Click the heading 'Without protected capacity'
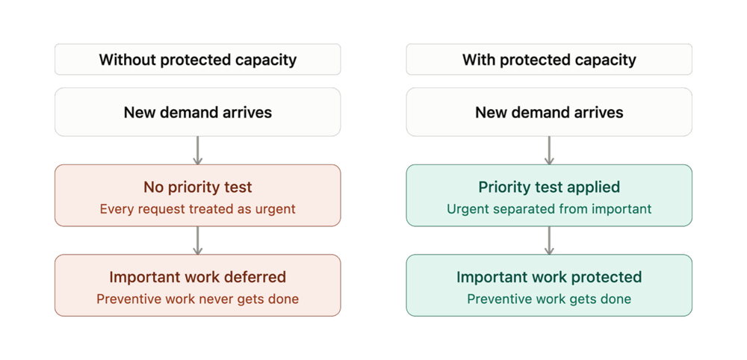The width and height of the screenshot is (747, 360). pos(198,60)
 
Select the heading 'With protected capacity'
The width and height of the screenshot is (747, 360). pos(549,60)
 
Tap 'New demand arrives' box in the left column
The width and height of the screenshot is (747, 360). pos(198,112)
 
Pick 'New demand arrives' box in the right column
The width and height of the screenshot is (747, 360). pos(549,112)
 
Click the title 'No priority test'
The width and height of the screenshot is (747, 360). pos(198,187)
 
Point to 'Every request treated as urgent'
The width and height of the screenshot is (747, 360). pos(198,208)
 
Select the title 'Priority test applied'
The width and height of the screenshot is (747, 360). pos(549,187)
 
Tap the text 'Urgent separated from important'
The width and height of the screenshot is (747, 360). pos(549,208)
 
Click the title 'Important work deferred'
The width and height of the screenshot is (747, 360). pos(198,276)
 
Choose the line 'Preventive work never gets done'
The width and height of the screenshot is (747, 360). pos(198,299)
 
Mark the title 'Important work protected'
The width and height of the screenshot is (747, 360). pos(549,276)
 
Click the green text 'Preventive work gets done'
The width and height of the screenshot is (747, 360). pos(549,299)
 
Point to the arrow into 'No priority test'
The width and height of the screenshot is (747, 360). pos(198,150)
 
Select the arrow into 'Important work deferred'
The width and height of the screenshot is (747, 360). pos(198,240)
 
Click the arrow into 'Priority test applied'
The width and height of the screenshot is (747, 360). pos(549,150)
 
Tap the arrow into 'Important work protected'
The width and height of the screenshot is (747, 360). pos(549,240)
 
